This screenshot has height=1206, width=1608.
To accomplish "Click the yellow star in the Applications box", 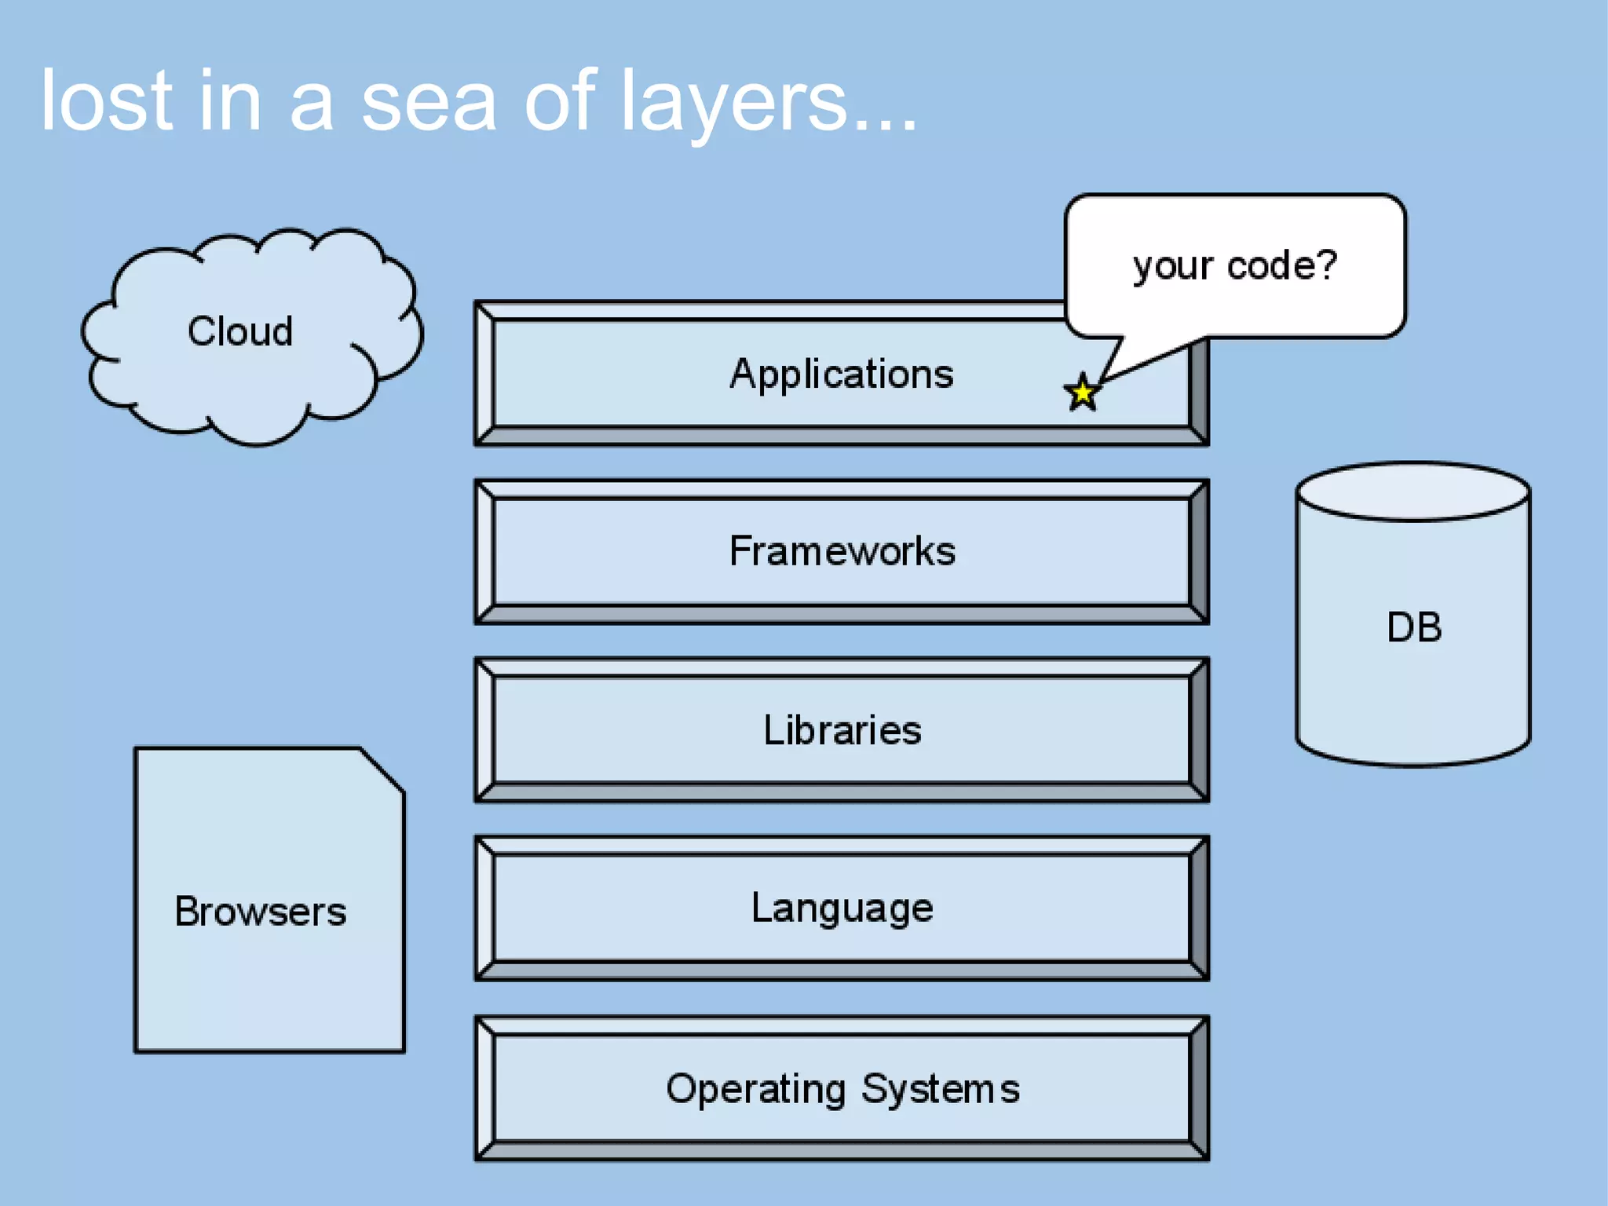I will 1082,393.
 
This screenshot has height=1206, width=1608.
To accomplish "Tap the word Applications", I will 842,374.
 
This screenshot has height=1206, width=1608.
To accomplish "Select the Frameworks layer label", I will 842,551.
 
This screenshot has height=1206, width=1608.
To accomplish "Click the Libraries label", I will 842,730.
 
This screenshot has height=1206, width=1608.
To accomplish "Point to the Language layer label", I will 842,908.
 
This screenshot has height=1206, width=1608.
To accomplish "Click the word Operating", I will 755,1090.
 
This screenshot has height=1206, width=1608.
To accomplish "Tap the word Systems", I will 940,1089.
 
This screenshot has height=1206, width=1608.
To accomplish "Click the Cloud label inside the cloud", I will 240,331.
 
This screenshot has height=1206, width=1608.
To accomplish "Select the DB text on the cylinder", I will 1413,627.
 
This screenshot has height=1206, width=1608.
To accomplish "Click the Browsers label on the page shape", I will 260,912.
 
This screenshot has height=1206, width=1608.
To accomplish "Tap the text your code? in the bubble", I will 1234,265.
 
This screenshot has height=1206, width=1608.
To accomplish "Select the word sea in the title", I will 429,102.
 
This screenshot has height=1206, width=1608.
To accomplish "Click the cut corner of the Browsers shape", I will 383,769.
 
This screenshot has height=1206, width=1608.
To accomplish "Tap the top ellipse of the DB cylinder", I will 1412,492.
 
